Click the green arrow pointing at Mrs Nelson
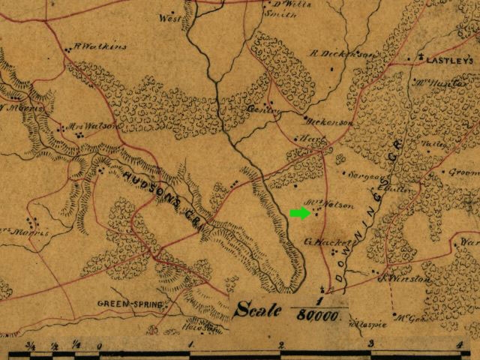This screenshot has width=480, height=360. click(x=299, y=213)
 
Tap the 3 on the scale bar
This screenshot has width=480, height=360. click(x=371, y=346)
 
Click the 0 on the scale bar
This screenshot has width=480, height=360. click(x=100, y=346)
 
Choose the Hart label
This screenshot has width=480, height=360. click(x=307, y=139)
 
